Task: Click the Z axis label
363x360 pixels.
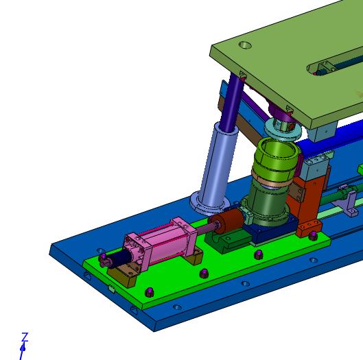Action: (x=25, y=337)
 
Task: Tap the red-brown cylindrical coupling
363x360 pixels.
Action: (x=227, y=221)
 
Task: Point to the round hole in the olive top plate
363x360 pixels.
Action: (x=245, y=45)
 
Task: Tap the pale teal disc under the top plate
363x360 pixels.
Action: (x=283, y=130)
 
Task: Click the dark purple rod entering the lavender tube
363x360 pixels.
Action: (x=232, y=102)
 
